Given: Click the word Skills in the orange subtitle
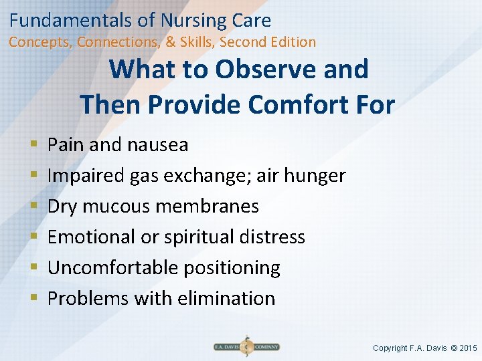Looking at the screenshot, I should tap(197, 42).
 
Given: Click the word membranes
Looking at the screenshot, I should tap(207, 206).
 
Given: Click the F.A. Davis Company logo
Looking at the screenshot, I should tap(246, 347).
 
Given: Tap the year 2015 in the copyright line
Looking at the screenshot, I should tap(467, 348).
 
